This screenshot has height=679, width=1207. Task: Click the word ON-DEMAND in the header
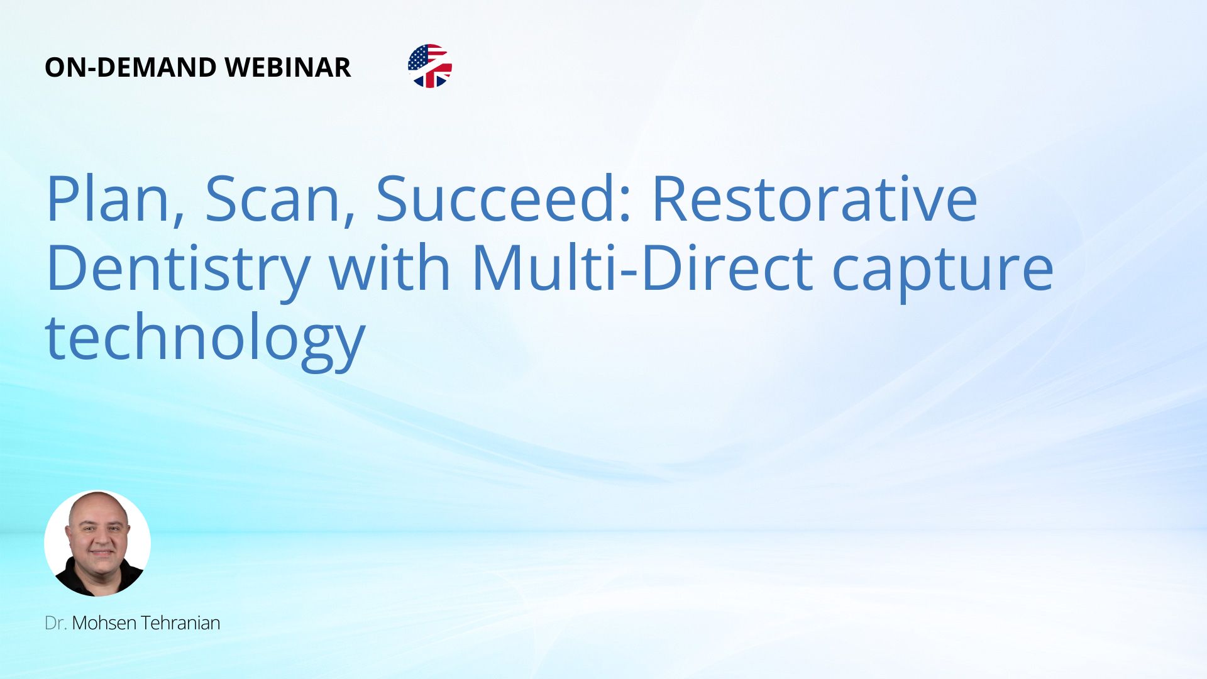click(x=130, y=67)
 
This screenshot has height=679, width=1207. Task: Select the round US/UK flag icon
click(x=430, y=66)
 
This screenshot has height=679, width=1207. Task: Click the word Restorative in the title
click(x=815, y=199)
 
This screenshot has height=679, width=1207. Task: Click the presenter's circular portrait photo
click(x=97, y=543)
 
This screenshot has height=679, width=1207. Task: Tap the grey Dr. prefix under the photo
click(x=56, y=623)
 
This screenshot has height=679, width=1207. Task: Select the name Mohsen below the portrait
click(x=104, y=623)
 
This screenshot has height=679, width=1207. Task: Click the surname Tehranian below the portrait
click(x=180, y=623)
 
